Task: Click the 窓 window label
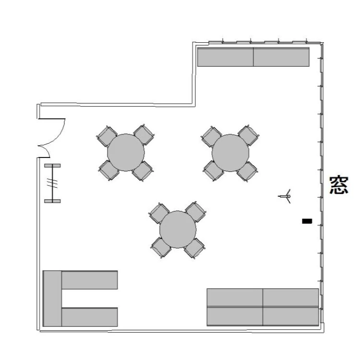point(339,185)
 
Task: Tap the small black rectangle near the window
point(307,221)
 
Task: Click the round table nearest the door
point(126,153)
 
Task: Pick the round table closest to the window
point(230,153)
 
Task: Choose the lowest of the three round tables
point(178,229)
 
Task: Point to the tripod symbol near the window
point(286,196)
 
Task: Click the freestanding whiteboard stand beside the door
point(53,183)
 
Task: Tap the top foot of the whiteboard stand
point(53,166)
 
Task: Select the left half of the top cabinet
point(226,57)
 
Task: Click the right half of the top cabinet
point(281,57)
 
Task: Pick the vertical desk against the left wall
point(52,299)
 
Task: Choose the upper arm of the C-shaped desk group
point(90,280)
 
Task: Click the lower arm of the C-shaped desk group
point(90,317)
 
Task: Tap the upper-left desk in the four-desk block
point(235,298)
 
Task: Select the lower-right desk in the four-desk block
point(291,316)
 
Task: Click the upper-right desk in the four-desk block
point(291,298)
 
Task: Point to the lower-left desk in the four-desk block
point(235,316)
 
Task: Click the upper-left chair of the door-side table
point(107,136)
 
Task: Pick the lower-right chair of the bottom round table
point(195,248)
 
